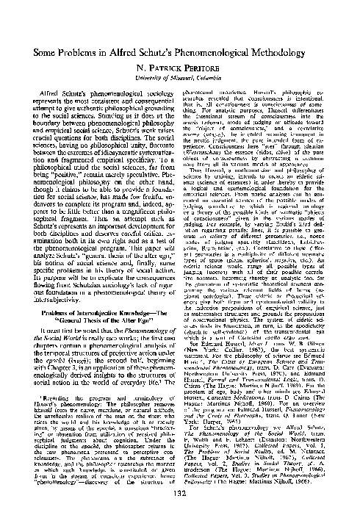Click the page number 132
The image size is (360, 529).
[x=180, y=514]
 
